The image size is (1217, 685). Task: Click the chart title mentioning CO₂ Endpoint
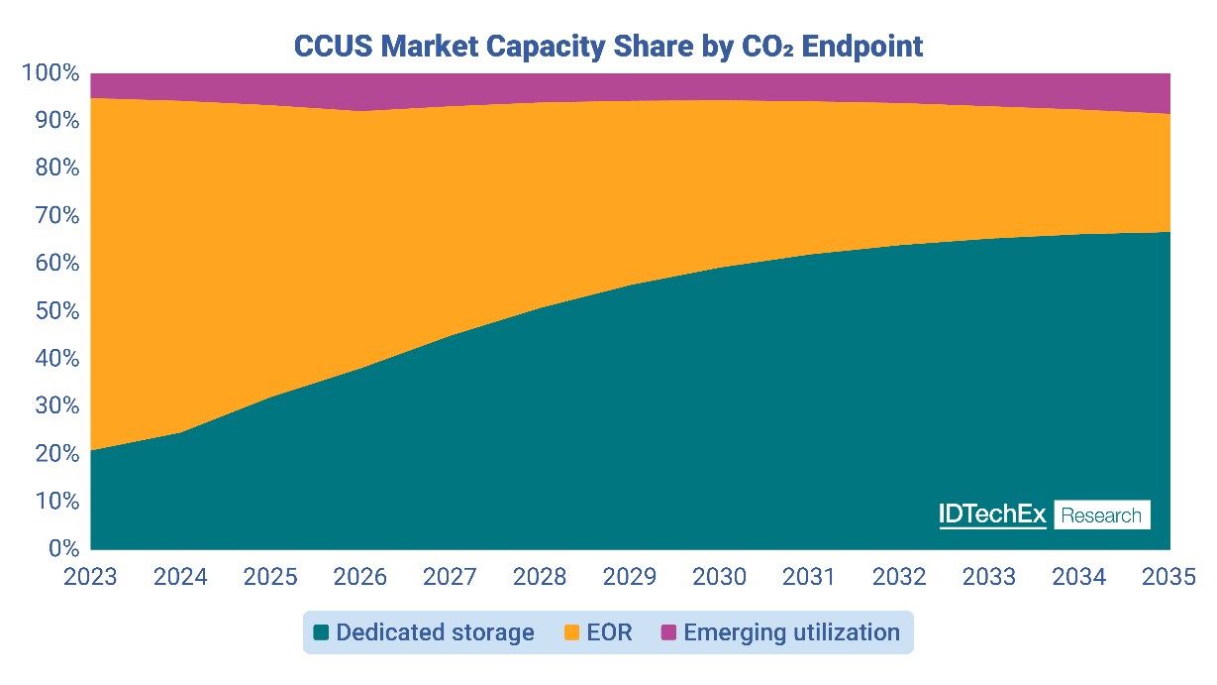click(608, 46)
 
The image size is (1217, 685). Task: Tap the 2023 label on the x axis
click(90, 576)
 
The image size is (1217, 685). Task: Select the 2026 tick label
click(360, 576)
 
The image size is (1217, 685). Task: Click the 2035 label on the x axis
click(1168, 576)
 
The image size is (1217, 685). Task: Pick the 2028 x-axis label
click(541, 576)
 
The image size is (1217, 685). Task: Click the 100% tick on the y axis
click(50, 73)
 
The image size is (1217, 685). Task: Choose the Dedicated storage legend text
click(435, 632)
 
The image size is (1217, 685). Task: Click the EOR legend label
click(608, 632)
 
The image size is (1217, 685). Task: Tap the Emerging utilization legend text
click(791, 632)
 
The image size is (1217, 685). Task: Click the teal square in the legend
click(321, 632)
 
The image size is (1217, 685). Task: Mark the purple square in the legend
click(668, 632)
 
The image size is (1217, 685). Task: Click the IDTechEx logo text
click(992, 514)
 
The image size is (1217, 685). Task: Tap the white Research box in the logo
click(1101, 514)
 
